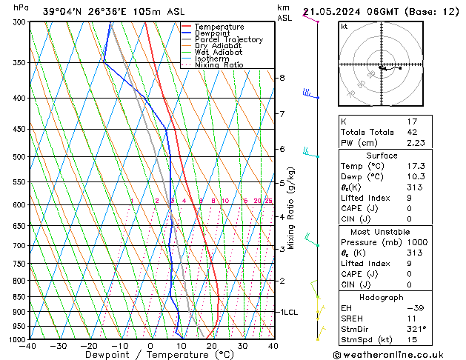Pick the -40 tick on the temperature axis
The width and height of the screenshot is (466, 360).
tap(28, 346)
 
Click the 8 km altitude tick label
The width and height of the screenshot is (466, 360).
tap(282, 78)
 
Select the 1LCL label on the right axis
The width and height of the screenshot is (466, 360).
tap(288, 313)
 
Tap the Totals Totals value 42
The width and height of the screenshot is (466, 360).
tap(412, 133)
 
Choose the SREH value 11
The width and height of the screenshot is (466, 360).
tap(412, 318)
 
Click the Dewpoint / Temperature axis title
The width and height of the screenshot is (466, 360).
tap(150, 356)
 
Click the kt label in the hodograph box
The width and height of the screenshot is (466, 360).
tap(344, 27)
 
